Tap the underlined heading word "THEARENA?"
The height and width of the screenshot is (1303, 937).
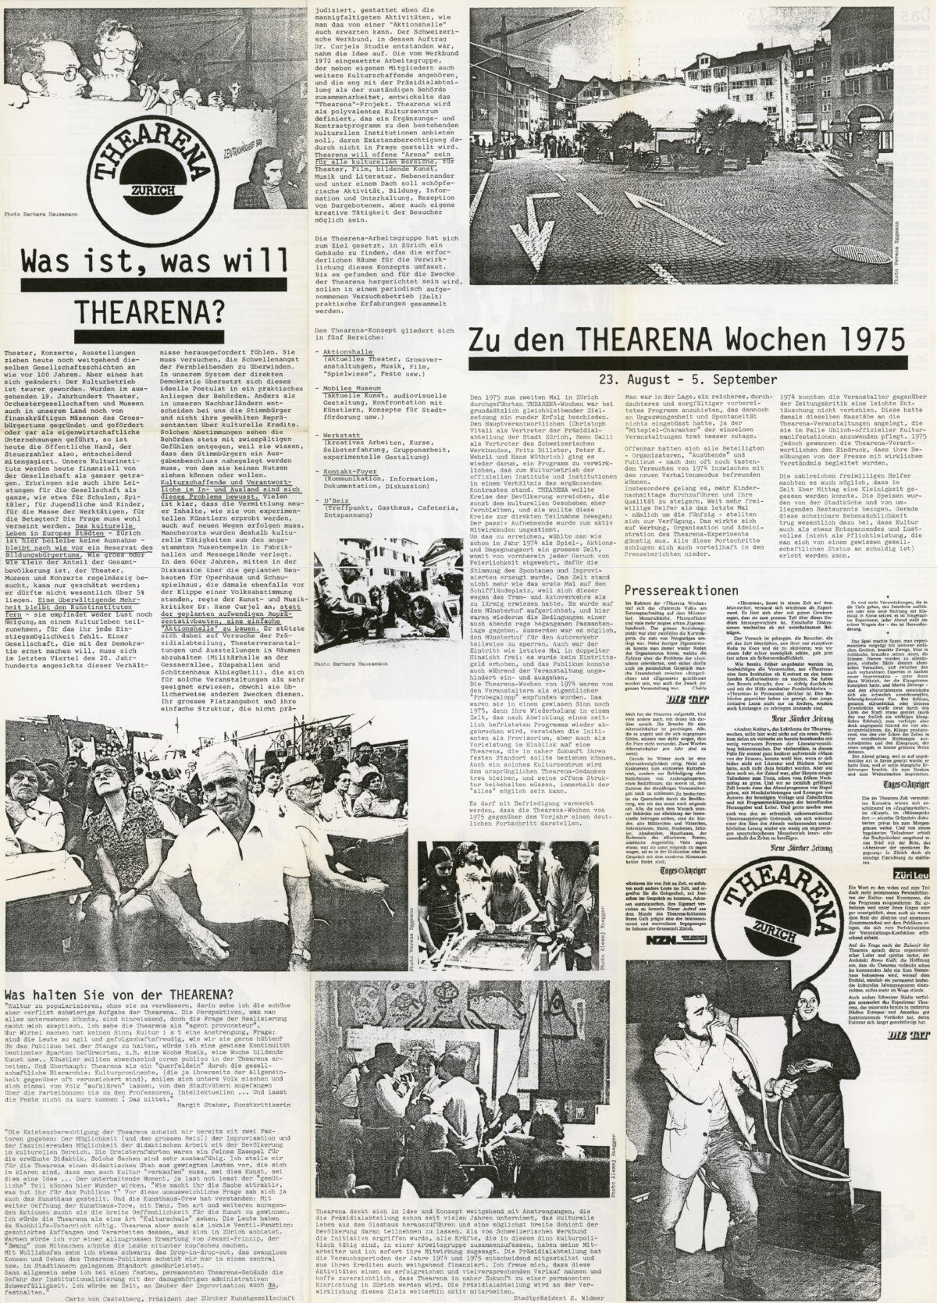pos(145,312)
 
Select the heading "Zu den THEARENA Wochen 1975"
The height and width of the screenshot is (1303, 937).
pos(687,340)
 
